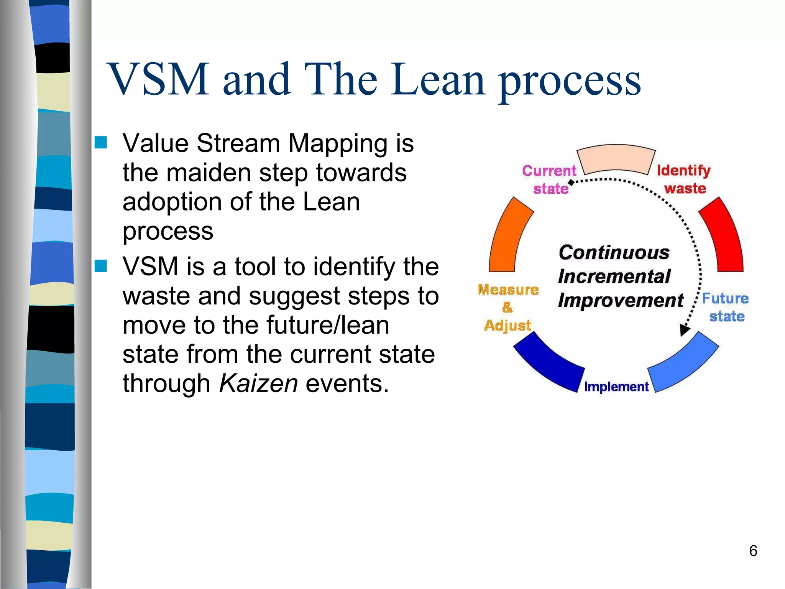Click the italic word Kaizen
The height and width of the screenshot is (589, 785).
258,383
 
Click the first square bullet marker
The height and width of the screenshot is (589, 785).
101,143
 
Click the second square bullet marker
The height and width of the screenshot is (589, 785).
101,266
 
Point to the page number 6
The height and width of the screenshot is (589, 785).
753,551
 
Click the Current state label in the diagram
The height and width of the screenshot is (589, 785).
549,179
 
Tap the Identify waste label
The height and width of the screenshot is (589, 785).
684,179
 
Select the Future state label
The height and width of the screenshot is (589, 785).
726,307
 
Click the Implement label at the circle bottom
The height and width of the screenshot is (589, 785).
616,387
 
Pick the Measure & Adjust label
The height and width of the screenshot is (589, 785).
508,307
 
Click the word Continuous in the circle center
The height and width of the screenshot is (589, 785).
614,253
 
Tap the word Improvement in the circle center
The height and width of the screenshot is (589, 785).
621,301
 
